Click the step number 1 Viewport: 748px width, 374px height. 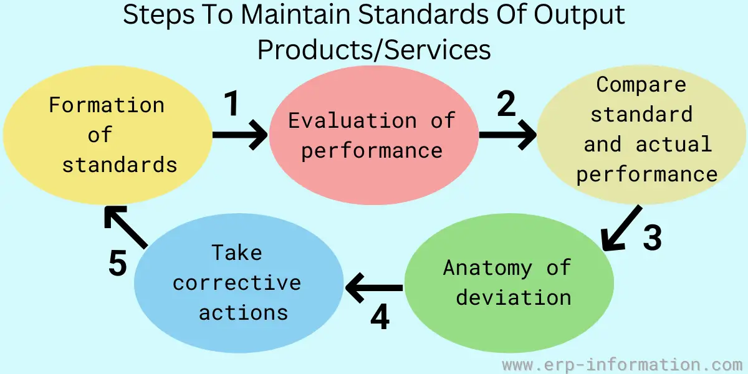[231, 103]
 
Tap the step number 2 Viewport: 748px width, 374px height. [506, 103]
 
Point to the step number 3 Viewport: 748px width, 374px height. [652, 237]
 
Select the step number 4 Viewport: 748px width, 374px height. [380, 317]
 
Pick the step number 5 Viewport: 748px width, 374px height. [118, 263]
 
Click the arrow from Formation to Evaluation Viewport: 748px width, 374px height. [240, 135]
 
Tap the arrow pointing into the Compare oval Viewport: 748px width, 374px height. [508, 135]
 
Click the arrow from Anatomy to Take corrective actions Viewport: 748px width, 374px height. [374, 288]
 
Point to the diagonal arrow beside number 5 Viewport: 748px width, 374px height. [125, 227]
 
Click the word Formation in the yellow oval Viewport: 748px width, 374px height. [107, 105]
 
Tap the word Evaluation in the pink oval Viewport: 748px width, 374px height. [353, 120]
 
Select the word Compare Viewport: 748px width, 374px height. [641, 85]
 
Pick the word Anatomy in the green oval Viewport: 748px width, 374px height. [487, 268]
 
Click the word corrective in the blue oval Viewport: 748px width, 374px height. [237, 283]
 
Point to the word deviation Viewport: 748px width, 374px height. [514, 297]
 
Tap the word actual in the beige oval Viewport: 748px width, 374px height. [674, 144]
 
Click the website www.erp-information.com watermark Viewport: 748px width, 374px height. [622, 365]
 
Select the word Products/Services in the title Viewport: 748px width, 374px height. [374, 49]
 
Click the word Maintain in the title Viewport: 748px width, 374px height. [295, 14]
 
